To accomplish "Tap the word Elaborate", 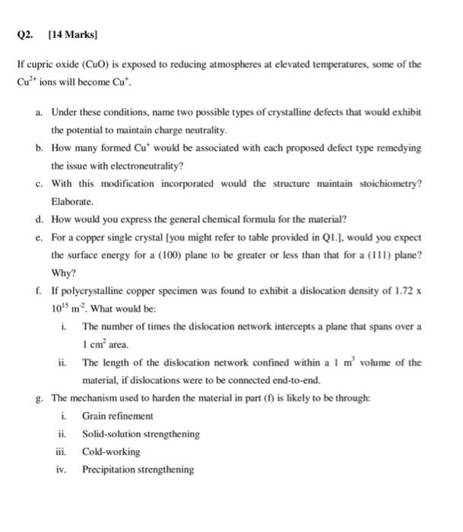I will point(72,202).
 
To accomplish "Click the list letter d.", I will point(39,220).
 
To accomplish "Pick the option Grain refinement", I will point(118,416).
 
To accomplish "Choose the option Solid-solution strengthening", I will point(141,435).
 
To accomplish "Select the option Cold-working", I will point(111,452).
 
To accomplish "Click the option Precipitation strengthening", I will point(138,470).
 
